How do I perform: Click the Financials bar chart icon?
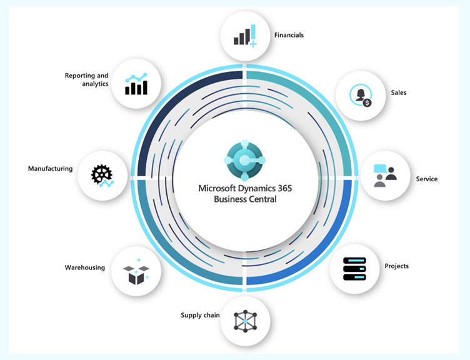245,36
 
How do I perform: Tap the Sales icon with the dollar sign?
361,96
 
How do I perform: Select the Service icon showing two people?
385,176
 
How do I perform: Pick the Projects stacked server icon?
354,269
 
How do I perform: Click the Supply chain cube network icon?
245,321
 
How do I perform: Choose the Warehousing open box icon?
136,271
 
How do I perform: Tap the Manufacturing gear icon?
102,176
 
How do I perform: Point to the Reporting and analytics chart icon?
136,84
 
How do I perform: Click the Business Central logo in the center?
244,160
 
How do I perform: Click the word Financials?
289,35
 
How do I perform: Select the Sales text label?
399,92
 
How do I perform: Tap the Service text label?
426,179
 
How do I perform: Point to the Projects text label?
396,266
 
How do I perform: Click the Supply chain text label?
200,316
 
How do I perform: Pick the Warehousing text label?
85,267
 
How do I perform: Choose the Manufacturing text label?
51,169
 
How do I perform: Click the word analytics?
96,84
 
